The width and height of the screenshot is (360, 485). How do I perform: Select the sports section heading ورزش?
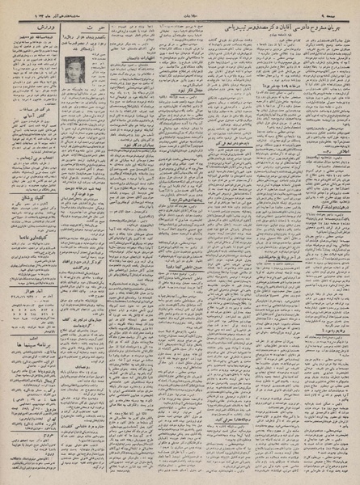(x=23, y=29)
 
